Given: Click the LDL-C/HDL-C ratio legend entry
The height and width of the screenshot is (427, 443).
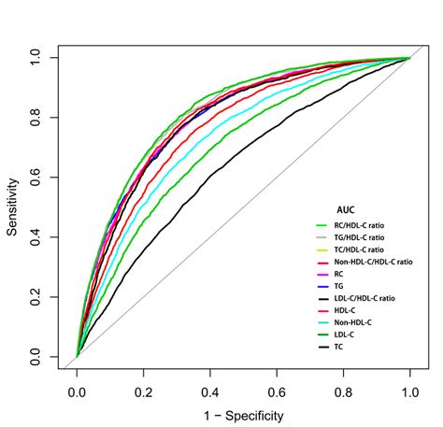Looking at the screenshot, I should (x=361, y=298).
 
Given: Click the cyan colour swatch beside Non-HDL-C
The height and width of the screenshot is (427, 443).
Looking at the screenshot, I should (x=322, y=322).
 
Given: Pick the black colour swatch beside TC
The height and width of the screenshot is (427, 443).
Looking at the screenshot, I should (x=322, y=347).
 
